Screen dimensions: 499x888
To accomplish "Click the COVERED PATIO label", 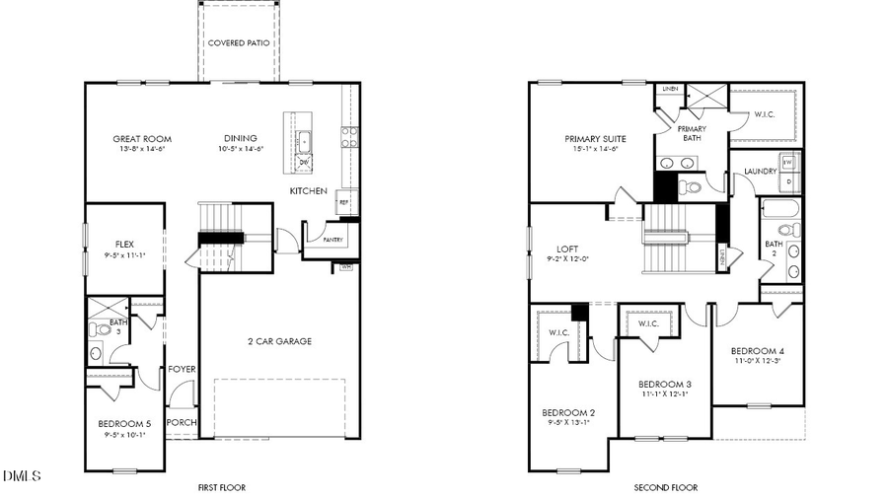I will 240,43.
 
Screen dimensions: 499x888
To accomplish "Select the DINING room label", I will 240,139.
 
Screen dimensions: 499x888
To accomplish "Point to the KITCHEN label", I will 308,190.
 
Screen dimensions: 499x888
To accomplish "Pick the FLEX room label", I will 124,244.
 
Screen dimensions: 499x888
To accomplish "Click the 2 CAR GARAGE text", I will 279,341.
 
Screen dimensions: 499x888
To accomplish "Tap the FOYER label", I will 182,370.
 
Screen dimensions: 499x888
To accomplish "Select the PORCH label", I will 182,422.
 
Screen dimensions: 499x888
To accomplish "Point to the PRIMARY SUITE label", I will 595,139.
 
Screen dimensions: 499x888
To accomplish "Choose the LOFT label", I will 566,249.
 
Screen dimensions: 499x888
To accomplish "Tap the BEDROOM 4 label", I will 757,351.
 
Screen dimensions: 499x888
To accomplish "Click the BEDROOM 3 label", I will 664,384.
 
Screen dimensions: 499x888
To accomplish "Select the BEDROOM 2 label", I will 567,412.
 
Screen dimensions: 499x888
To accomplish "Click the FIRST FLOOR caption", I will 221,487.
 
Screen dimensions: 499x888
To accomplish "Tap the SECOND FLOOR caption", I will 665,487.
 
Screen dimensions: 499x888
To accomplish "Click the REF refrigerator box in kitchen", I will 344,202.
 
